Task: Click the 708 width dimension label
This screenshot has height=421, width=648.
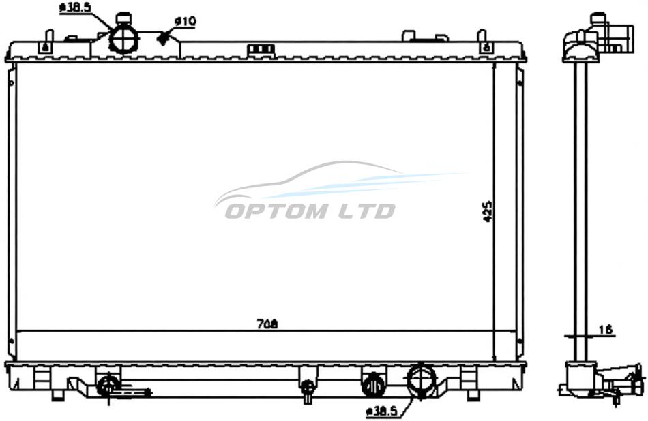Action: [267, 324]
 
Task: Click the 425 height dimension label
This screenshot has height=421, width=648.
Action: [488, 212]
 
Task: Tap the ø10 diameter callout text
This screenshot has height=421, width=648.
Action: [185, 21]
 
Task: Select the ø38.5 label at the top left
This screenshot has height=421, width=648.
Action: [75, 7]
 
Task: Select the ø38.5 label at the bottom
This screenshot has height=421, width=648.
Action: [381, 411]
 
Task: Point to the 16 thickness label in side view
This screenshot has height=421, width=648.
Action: [605, 330]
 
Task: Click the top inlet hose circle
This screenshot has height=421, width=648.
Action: [123, 40]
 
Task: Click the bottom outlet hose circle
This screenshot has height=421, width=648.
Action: [422, 381]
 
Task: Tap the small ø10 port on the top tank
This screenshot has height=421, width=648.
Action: [164, 38]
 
